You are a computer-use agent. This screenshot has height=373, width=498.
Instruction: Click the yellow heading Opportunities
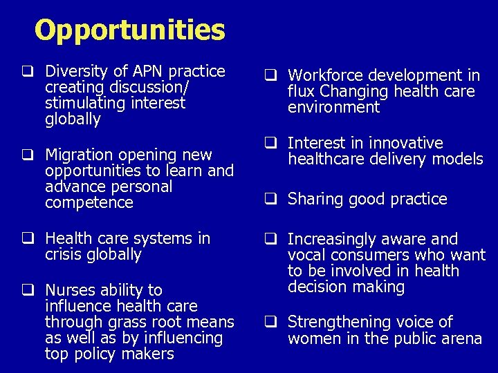130,30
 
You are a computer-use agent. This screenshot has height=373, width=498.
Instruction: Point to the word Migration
77,154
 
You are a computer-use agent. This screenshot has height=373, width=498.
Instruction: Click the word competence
89,203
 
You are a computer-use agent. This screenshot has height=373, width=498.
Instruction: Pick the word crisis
64,255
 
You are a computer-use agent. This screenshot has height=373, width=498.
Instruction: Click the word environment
334,108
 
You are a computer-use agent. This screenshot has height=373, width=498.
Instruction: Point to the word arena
461,338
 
